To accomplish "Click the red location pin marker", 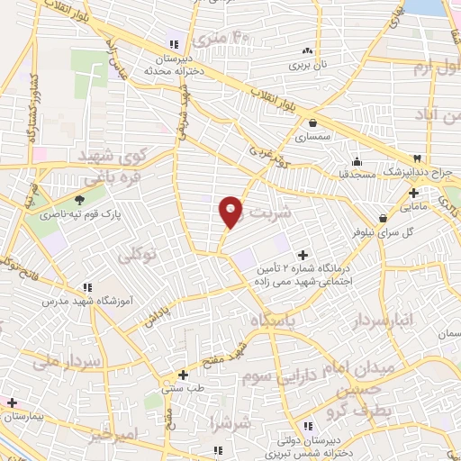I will point(231,211).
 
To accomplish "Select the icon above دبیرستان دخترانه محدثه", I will point(174,44).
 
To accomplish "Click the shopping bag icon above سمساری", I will point(312,124).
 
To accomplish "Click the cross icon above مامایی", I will point(413,192).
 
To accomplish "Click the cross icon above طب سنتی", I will point(183,374).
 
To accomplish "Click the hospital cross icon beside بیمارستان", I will point(11,402).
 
